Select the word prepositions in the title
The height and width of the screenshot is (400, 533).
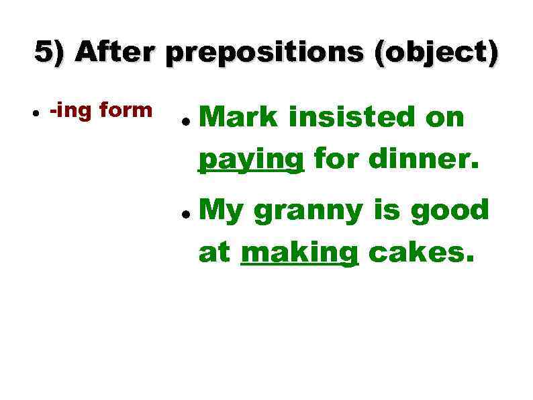(266, 54)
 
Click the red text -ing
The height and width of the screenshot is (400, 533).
(71, 110)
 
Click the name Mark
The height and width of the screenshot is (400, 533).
(238, 118)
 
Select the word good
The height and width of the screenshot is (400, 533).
(450, 210)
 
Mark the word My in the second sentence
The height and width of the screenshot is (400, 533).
(222, 211)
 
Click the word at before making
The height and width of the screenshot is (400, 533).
(215, 254)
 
